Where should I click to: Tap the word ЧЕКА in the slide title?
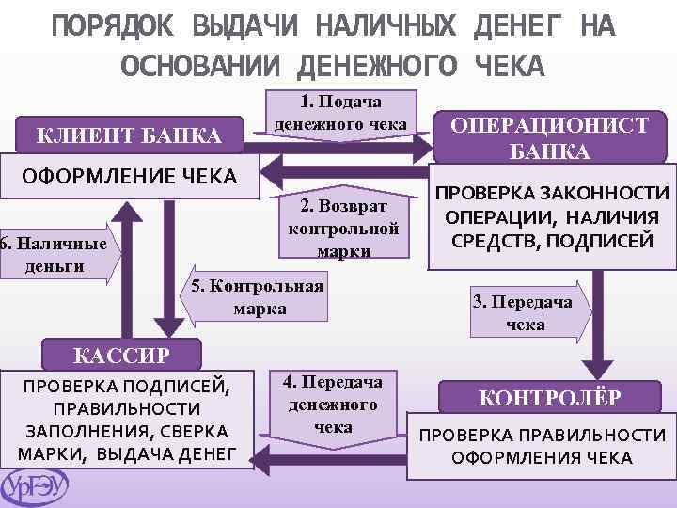tap(510, 67)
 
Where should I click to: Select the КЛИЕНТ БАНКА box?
tap(129, 137)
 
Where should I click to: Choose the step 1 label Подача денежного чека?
tap(340, 113)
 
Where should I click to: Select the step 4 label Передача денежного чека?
tap(332, 404)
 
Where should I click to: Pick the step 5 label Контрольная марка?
tap(257, 297)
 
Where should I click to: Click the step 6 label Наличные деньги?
tap(54, 254)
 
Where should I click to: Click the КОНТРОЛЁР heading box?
tap(549, 397)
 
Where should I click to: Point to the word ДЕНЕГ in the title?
tap(516, 27)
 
